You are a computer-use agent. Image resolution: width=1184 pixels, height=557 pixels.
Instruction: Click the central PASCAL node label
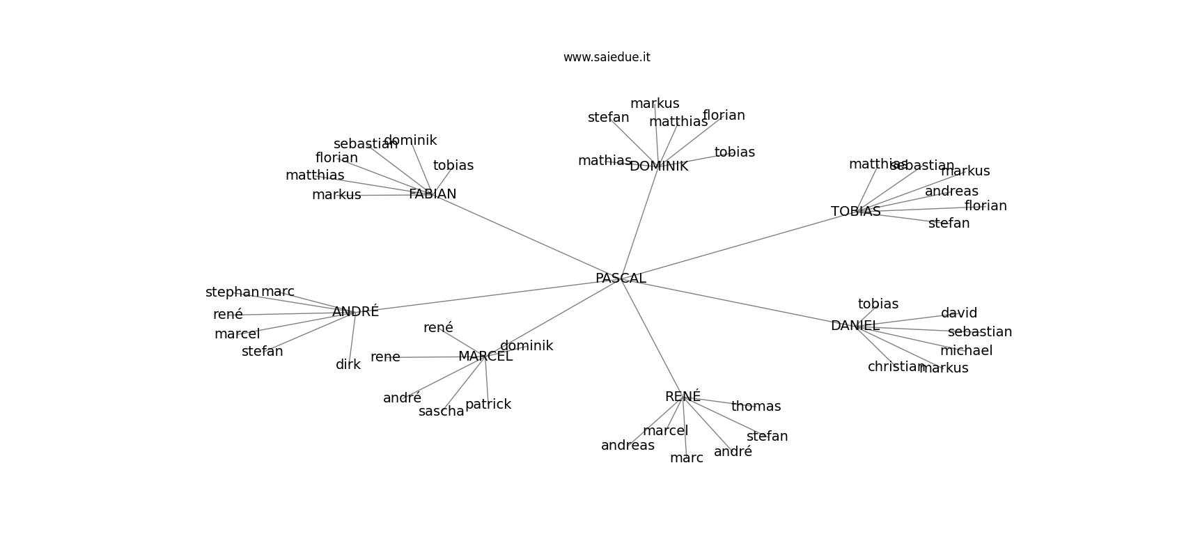click(x=621, y=278)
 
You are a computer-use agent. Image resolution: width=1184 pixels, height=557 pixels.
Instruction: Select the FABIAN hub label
click(x=433, y=194)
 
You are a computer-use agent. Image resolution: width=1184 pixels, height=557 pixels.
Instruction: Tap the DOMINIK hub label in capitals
click(x=659, y=166)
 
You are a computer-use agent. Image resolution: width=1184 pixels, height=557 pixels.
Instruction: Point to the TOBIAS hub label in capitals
click(x=856, y=212)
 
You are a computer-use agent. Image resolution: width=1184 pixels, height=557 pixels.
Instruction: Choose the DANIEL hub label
click(x=855, y=326)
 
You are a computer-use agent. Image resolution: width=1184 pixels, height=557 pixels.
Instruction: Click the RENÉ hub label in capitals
click(x=683, y=396)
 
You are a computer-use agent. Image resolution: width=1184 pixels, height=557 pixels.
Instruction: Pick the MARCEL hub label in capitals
click(x=485, y=356)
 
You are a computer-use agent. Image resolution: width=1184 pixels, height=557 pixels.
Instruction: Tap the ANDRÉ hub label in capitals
click(x=355, y=311)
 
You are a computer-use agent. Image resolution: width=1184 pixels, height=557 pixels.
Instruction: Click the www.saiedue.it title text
click(x=607, y=57)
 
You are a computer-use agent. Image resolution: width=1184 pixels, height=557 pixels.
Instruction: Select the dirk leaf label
click(x=348, y=365)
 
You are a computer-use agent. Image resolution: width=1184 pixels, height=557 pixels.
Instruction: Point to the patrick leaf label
click(x=488, y=405)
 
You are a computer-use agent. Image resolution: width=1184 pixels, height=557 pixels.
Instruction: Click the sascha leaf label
click(x=441, y=411)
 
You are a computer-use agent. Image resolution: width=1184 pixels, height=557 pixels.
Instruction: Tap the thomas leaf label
click(x=756, y=407)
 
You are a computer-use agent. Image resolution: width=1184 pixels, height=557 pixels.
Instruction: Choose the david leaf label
click(x=959, y=313)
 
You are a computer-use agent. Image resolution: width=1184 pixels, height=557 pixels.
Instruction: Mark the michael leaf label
click(x=966, y=350)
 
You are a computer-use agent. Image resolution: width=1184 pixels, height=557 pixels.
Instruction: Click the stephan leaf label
click(x=232, y=292)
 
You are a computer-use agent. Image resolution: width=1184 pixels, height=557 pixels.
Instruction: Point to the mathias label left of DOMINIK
click(x=605, y=161)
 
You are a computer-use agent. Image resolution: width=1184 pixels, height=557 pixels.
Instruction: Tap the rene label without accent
click(x=385, y=357)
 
